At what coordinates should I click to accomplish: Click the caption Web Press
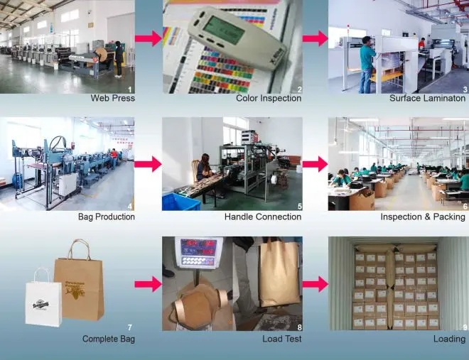click(x=112, y=98)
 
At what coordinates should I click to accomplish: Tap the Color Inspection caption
click(x=268, y=98)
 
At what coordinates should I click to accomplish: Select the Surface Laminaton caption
click(x=427, y=98)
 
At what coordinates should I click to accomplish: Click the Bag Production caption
click(x=106, y=217)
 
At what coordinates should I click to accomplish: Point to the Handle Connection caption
click(x=263, y=217)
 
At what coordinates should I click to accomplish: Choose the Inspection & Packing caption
click(x=423, y=217)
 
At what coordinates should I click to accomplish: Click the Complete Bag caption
click(x=108, y=339)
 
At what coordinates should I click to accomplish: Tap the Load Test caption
click(x=281, y=339)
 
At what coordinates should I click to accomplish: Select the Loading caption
click(x=449, y=339)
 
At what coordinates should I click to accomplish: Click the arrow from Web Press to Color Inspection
click(x=148, y=38)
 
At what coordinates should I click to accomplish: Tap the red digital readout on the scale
click(x=198, y=244)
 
